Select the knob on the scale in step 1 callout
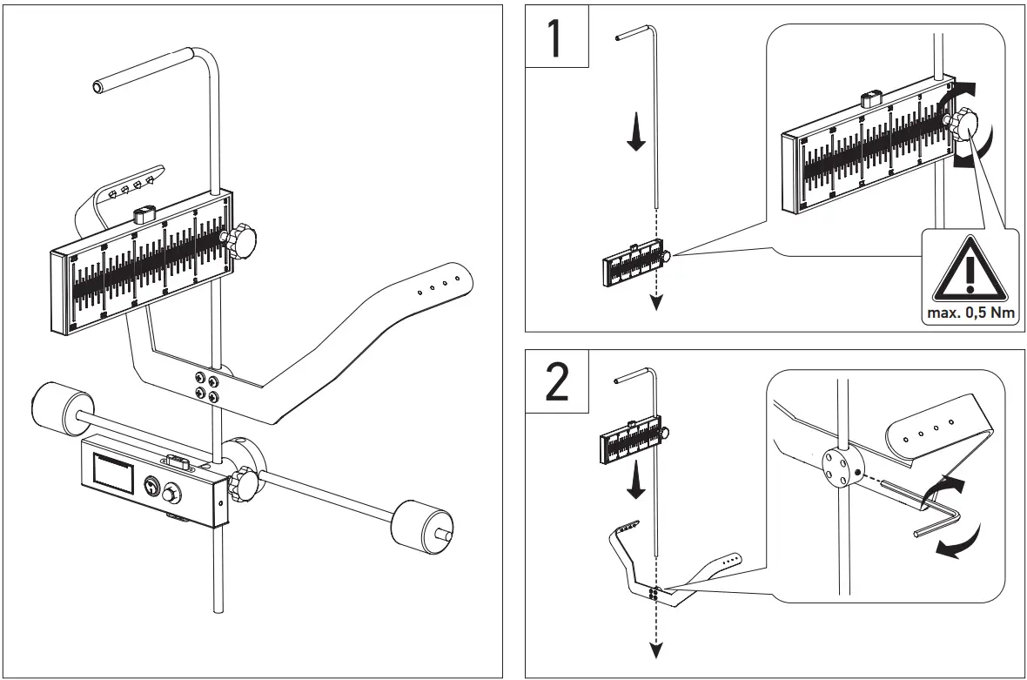tap(963, 125)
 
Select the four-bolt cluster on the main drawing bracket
tap(208, 387)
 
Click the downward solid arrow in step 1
tap(636, 135)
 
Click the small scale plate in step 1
tap(634, 265)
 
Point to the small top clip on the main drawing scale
tap(143, 213)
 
